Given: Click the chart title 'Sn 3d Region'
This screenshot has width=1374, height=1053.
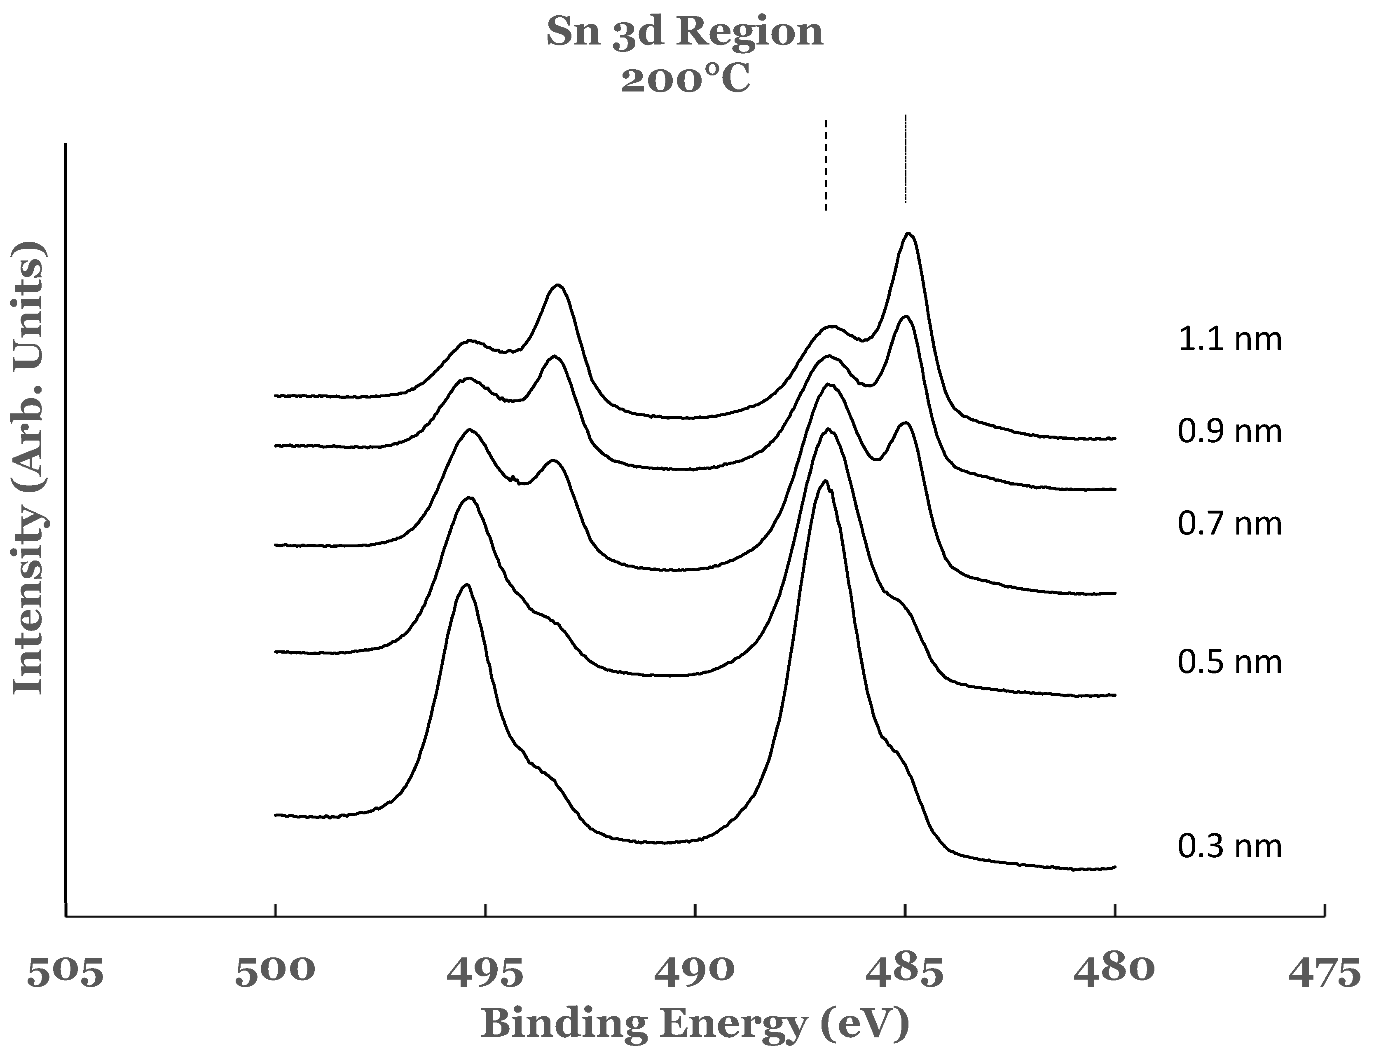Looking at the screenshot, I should (x=685, y=33).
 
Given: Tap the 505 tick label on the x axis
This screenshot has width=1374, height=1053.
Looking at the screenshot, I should (x=65, y=972).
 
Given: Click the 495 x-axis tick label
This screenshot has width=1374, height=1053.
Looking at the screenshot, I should (x=485, y=972).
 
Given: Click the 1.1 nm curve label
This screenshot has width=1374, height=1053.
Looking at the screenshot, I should (x=1229, y=339).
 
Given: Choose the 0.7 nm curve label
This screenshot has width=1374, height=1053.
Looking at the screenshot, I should (x=1229, y=523).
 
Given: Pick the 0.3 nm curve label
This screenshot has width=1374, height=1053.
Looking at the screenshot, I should (x=1229, y=846).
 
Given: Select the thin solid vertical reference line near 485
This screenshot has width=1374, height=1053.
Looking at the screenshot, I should (x=905, y=159).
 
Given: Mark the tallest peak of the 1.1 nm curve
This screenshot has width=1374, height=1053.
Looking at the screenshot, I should (x=909, y=235).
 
